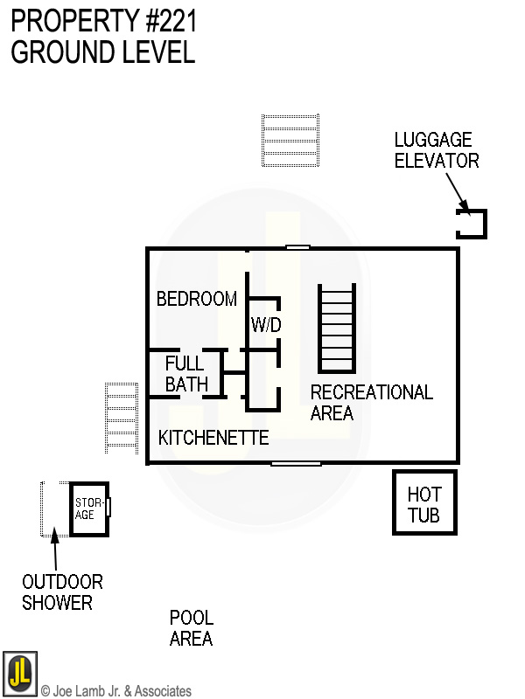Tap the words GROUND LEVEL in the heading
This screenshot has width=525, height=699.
102,52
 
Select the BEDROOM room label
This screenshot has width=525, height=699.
197,299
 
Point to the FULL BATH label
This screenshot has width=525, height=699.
185,373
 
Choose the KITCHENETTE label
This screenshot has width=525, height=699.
213,438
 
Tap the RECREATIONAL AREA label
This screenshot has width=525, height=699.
371,402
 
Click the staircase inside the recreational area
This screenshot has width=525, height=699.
337,329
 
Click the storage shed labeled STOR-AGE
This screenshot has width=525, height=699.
89,509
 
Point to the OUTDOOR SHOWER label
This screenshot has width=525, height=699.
62,592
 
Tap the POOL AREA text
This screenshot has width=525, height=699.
192,628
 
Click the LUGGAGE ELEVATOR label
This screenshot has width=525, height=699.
437,150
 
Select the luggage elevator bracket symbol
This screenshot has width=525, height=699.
472,224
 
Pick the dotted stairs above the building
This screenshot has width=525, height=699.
290,140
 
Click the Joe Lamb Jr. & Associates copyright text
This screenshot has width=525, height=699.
116,691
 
